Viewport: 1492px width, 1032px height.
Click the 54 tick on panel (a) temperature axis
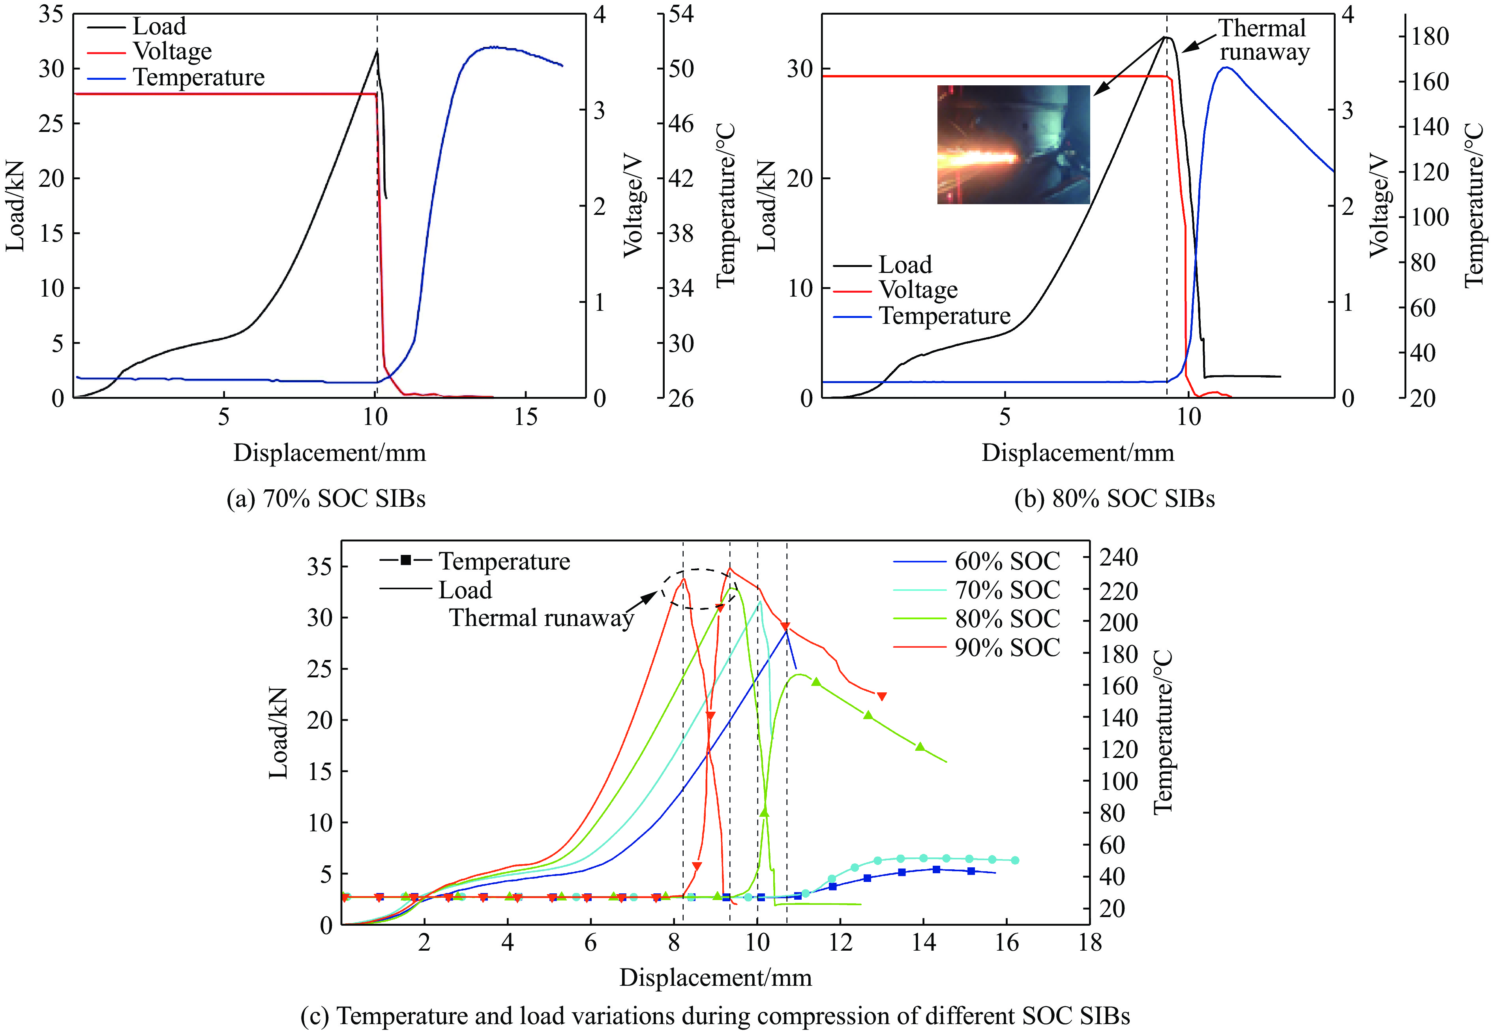tap(681, 14)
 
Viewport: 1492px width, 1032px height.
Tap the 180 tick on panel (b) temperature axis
tap(1429, 37)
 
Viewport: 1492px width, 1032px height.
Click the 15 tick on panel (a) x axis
tap(526, 417)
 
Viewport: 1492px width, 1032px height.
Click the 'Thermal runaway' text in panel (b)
tap(1263, 40)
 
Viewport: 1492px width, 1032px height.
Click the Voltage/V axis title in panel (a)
tap(633, 206)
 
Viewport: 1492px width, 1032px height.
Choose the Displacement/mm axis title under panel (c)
tap(715, 977)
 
